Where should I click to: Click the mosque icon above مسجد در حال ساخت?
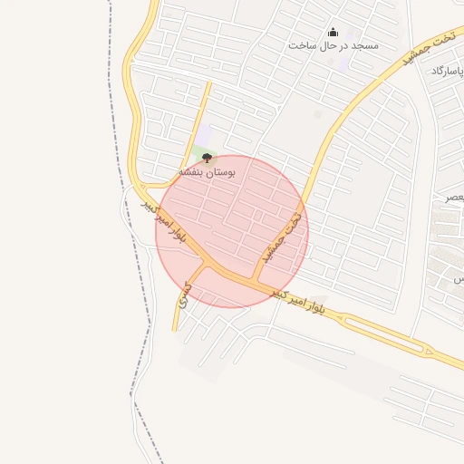coord(332,32)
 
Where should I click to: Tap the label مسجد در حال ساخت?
coord(333,45)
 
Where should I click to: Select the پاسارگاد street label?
coord(449,71)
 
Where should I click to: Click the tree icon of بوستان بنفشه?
coord(207,158)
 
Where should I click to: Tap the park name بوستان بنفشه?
coord(207,170)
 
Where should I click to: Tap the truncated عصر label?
coord(454,197)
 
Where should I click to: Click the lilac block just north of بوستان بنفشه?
coord(207,137)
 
